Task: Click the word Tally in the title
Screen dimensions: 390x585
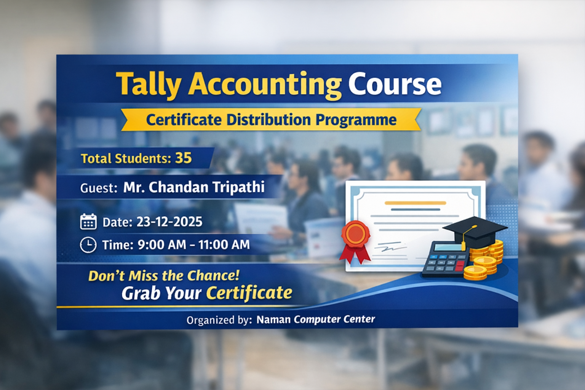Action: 149,85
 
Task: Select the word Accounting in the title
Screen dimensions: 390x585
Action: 265,85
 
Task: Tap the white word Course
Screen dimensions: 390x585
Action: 395,85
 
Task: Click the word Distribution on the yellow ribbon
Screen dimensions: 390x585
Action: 269,120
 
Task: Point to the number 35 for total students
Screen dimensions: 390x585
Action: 183,158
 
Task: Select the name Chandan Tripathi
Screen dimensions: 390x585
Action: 194,187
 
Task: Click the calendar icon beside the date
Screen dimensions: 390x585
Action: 88,222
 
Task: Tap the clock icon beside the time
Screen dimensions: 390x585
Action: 88,245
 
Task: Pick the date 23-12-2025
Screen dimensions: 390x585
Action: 169,222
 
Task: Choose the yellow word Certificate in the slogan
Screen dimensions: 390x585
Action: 249,293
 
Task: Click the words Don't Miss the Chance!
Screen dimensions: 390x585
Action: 164,275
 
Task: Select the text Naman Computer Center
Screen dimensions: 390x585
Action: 315,320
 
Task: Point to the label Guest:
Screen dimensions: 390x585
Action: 99,188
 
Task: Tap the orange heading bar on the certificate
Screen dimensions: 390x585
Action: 415,203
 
